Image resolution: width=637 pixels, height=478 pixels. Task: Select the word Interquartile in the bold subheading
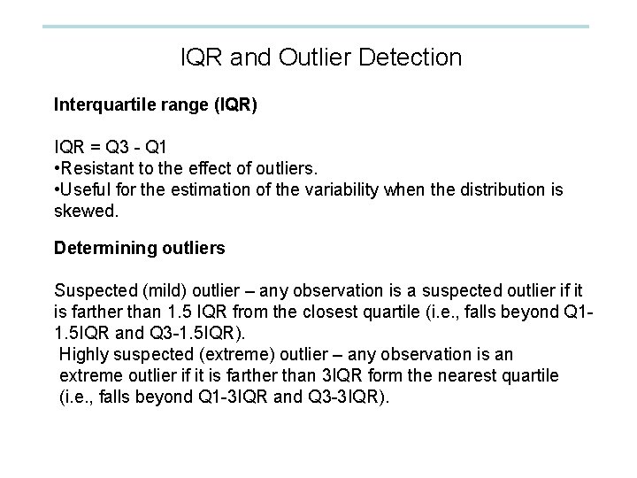coord(101,106)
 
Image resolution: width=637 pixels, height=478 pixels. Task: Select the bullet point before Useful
coord(57,190)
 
